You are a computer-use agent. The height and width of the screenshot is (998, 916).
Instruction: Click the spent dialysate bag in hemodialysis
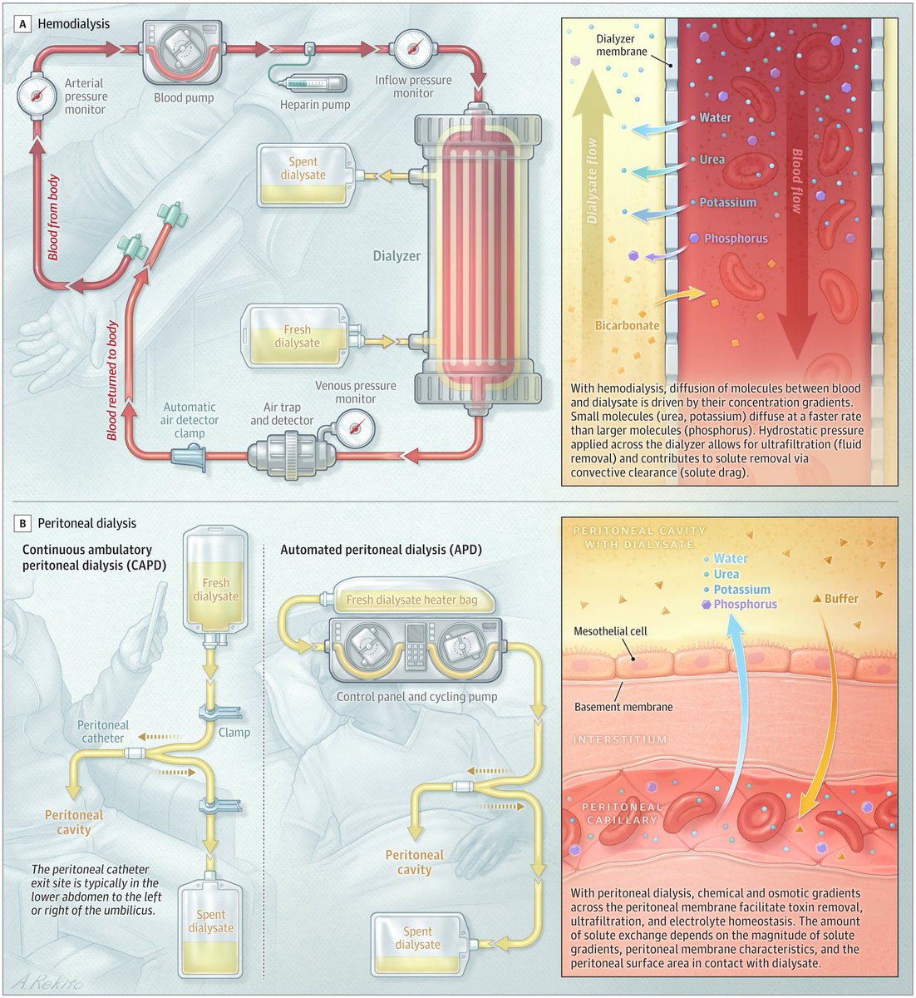pyautogui.click(x=303, y=175)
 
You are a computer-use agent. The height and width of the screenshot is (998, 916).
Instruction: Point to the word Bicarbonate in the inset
pyautogui.click(x=628, y=325)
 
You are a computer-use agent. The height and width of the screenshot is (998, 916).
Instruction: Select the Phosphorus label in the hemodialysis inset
pyautogui.click(x=736, y=239)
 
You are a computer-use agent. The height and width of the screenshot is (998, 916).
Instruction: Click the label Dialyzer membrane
pyautogui.click(x=622, y=46)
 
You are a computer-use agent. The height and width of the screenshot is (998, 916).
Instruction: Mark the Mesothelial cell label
pyautogui.click(x=610, y=631)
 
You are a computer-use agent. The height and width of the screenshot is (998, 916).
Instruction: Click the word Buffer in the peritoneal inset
pyautogui.click(x=841, y=598)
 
